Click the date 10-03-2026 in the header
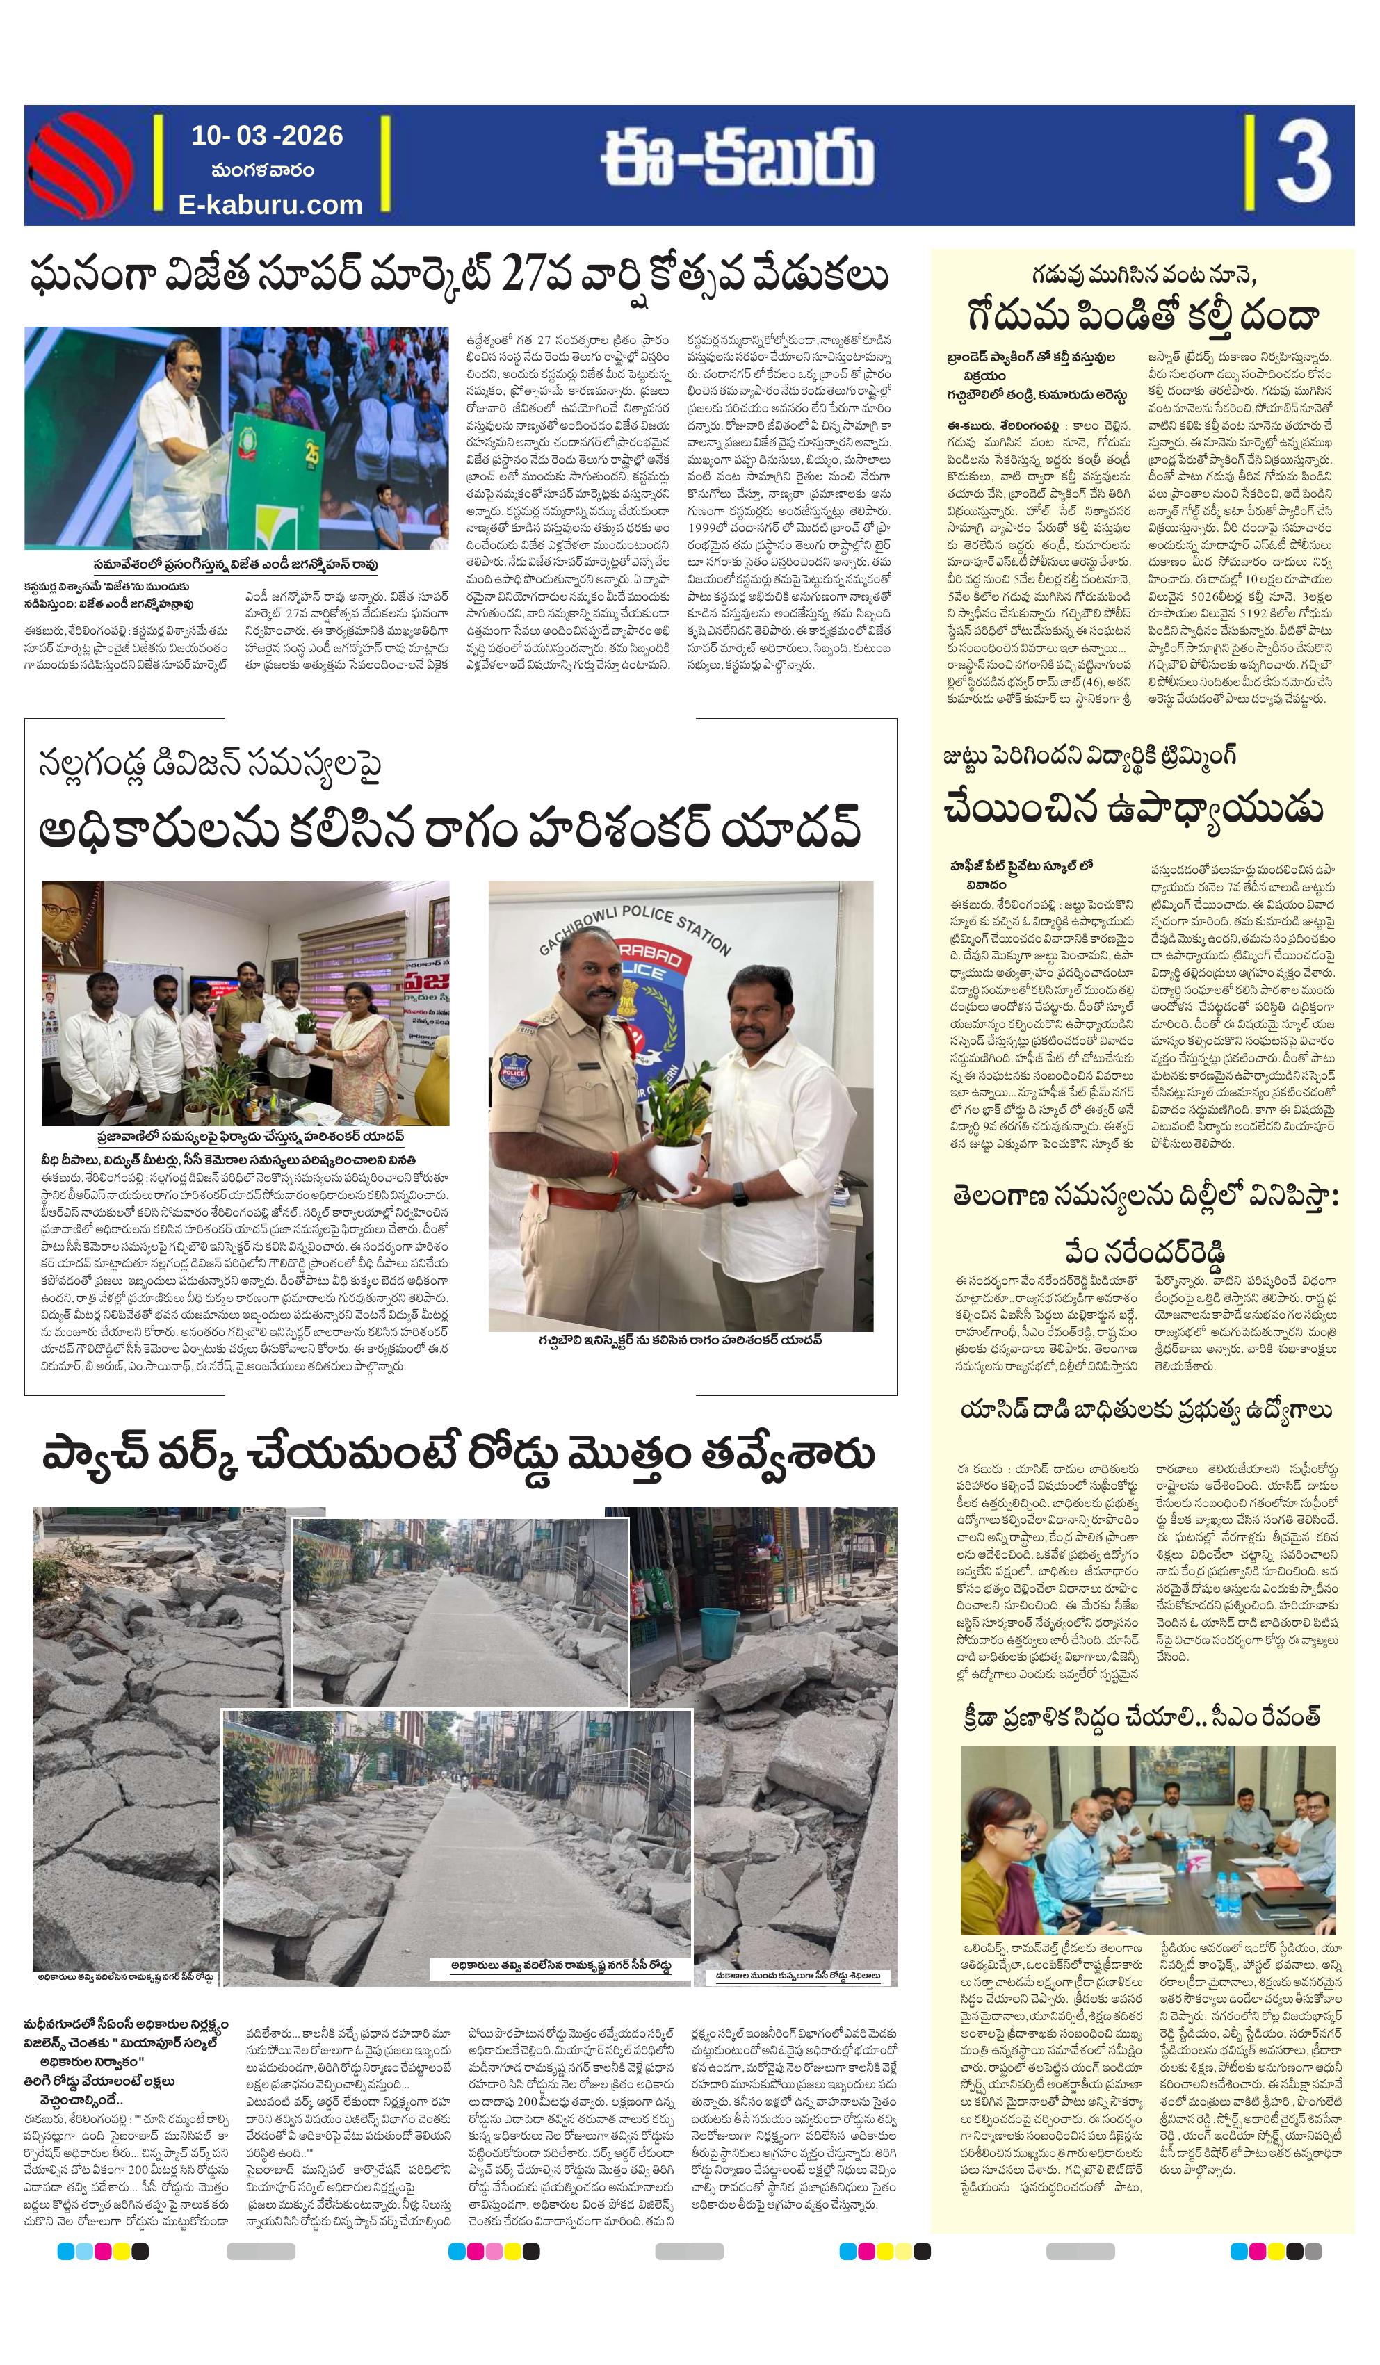268,135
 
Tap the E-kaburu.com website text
270,204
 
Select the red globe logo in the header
79,164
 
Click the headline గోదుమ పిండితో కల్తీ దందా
1142,314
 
